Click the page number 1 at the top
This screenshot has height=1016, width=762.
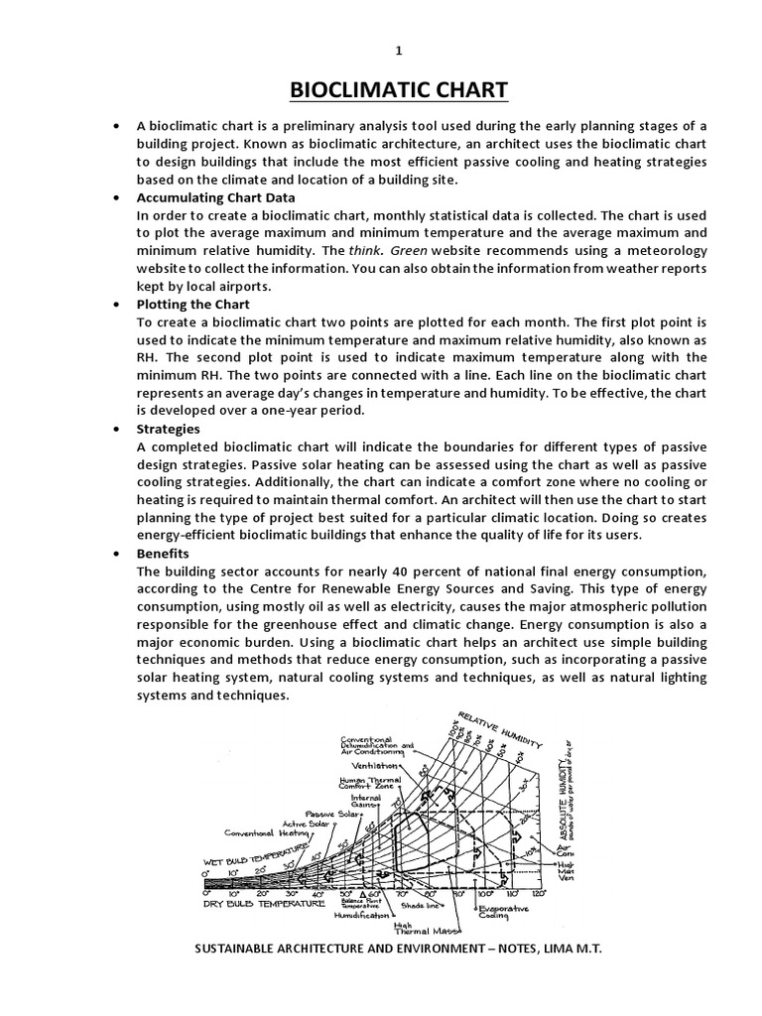tap(399, 52)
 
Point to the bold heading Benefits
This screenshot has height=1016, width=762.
tap(163, 553)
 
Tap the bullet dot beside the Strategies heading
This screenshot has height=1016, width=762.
tap(117, 429)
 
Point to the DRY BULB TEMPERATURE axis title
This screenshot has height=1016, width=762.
tap(264, 905)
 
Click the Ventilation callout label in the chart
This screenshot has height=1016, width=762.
tap(374, 766)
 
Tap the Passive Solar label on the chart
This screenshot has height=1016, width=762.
tap(331, 814)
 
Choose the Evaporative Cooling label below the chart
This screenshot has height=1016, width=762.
tap(503, 913)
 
